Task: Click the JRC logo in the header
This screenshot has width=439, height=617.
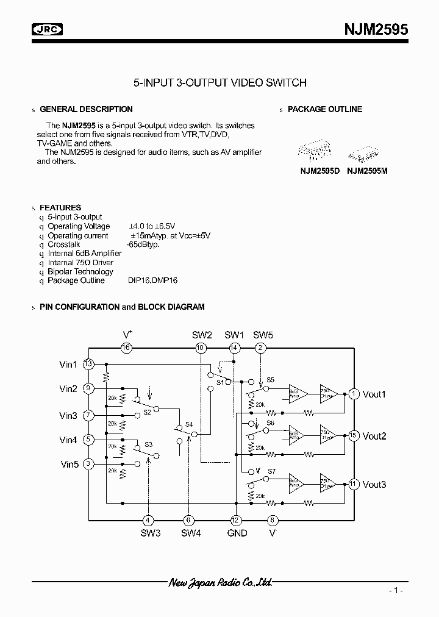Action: click(48, 29)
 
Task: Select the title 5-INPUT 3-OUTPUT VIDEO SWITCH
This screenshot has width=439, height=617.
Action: click(220, 82)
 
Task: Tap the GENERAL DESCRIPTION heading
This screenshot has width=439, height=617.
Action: click(86, 109)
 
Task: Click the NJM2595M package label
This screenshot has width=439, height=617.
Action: click(367, 171)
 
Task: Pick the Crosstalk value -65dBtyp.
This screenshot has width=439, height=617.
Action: click(143, 244)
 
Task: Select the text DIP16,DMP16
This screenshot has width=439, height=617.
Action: click(152, 280)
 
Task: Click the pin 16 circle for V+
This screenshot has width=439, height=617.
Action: click(126, 348)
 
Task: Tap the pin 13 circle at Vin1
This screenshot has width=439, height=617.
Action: click(88, 365)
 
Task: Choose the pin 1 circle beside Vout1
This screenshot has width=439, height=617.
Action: click(353, 394)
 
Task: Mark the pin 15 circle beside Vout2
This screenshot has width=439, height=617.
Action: click(353, 436)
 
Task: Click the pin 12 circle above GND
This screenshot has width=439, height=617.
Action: click(235, 520)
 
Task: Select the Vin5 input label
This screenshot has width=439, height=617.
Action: click(68, 464)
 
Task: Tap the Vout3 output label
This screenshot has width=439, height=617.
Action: click(374, 485)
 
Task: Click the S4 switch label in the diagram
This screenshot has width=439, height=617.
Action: click(189, 424)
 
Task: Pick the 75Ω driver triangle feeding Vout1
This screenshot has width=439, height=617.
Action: click(327, 393)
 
